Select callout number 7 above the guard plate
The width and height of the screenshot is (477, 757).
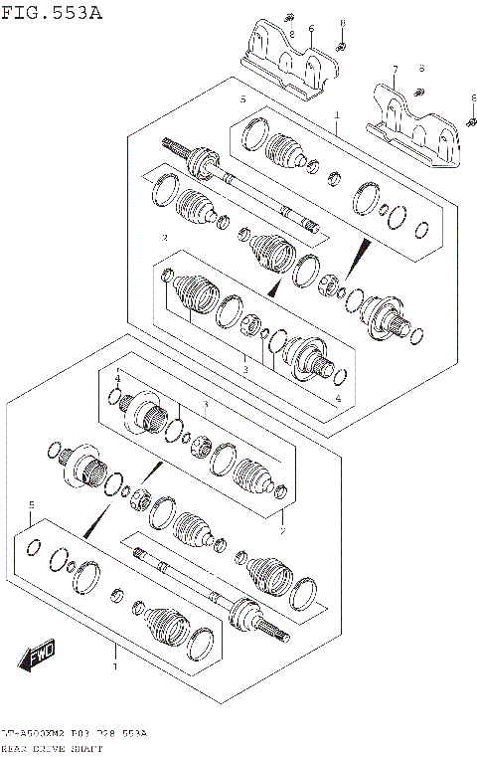point(394,70)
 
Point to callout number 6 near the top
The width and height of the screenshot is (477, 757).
point(311,31)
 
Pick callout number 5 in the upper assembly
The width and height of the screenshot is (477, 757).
point(241,100)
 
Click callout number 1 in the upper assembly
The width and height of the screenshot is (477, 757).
point(337,116)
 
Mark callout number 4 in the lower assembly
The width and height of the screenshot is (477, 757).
point(116,379)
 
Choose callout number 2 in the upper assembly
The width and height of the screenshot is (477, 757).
point(164,238)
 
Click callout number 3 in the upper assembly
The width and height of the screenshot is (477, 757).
point(244,369)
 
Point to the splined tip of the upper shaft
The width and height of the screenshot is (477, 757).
point(171,142)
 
